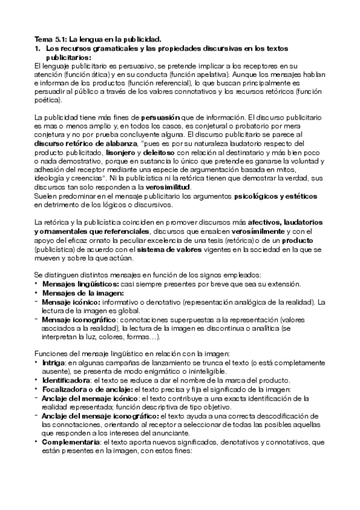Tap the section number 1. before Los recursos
click(37, 48)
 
